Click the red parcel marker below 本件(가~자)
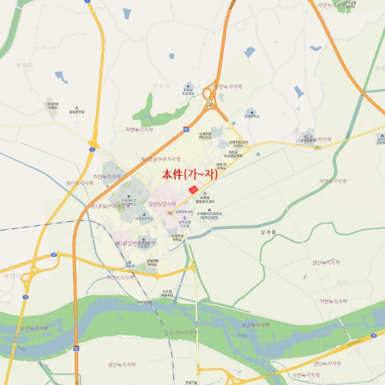(x=193, y=189)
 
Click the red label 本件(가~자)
(x=190, y=174)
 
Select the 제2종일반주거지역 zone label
(x=160, y=159)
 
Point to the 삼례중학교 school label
(x=252, y=116)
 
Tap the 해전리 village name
(x=12, y=275)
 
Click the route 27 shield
(x=54, y=255)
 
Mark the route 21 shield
(x=374, y=334)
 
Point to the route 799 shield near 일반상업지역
(x=170, y=212)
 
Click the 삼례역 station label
(x=130, y=265)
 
